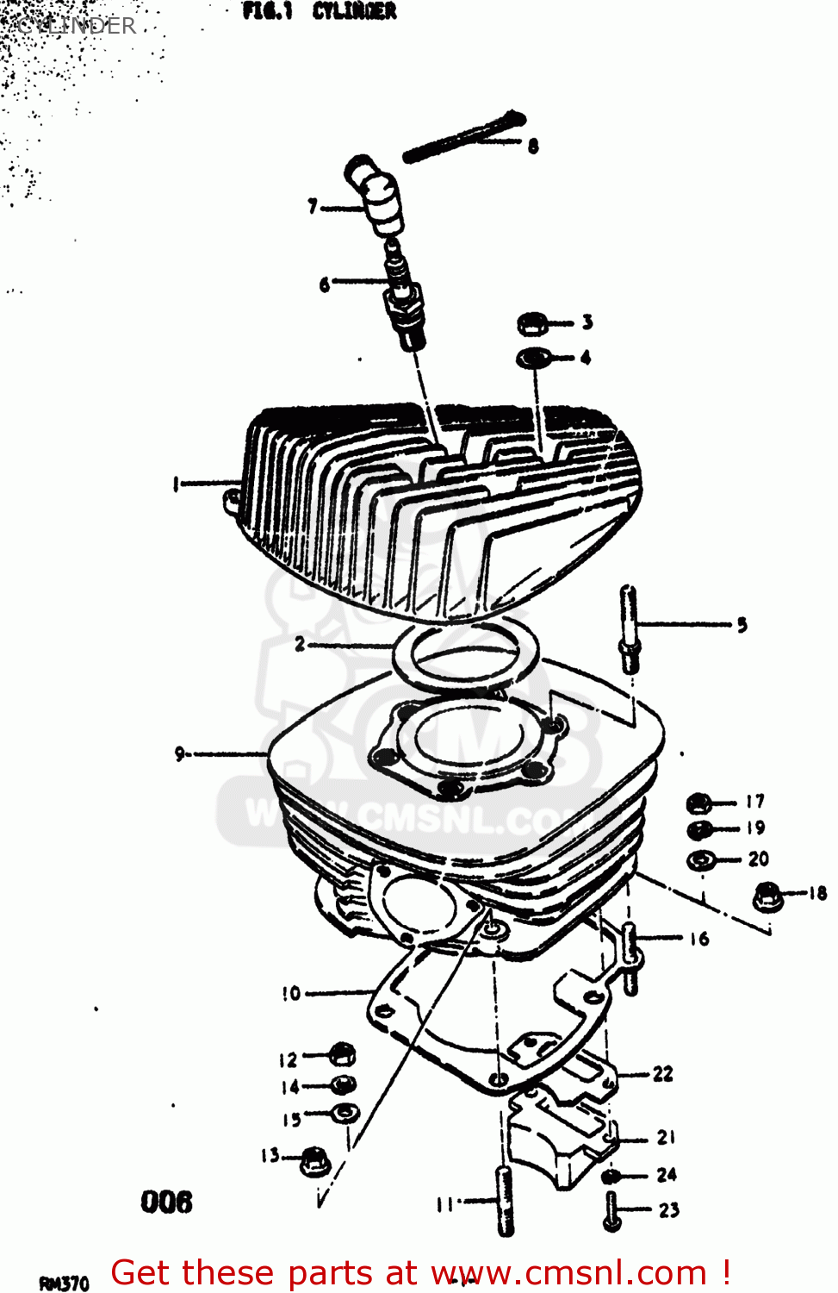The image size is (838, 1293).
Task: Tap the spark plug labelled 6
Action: click(404, 297)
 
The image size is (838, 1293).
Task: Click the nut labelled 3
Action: click(532, 324)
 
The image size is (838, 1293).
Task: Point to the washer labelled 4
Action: click(534, 356)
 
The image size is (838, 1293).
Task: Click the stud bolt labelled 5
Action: click(630, 627)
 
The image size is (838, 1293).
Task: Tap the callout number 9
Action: click(179, 754)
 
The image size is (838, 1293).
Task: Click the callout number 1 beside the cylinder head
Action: click(175, 484)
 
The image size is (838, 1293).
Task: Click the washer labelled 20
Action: click(701, 859)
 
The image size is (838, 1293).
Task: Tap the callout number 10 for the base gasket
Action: click(291, 993)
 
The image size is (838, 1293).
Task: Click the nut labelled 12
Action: click(342, 1054)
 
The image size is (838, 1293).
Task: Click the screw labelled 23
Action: click(612, 1211)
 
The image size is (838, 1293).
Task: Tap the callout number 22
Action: click(662, 1074)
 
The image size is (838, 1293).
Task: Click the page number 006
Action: click(166, 1202)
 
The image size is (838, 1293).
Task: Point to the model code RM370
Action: click(64, 1284)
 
